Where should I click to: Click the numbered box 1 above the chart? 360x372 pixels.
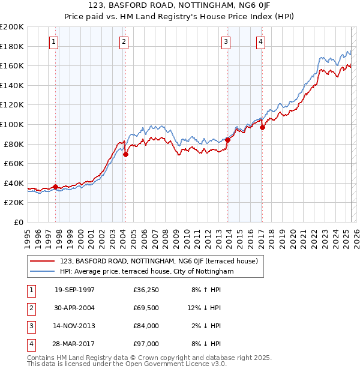54,41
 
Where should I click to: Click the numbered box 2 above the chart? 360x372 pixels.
124,41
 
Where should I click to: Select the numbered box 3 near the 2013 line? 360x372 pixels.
226,41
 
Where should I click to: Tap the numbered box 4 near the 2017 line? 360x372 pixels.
261,41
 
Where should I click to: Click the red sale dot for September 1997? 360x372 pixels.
56,187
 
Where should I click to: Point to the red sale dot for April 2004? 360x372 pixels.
125,154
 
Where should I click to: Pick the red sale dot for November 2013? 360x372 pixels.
228,140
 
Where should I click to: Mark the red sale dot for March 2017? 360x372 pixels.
263,127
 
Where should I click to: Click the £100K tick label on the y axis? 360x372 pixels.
12,124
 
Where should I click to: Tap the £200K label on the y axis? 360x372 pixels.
12,27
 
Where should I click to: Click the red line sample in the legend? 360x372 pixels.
42,261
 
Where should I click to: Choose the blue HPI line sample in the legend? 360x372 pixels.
42,271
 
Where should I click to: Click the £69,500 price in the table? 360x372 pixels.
146,307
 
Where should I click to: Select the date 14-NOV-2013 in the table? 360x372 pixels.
74,326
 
